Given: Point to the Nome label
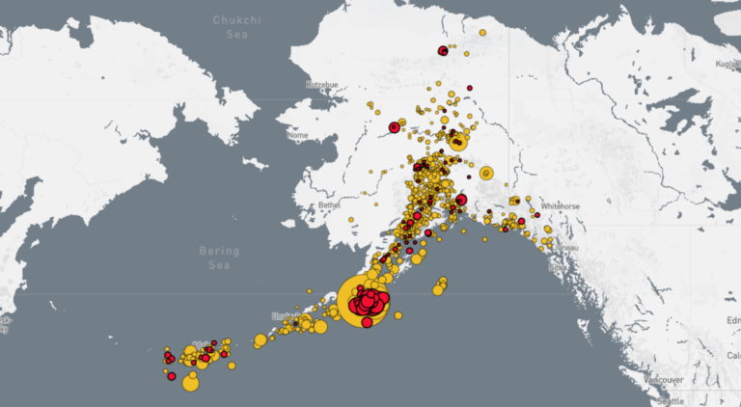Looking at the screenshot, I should click(x=298, y=135).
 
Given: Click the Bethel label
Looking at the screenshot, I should click(x=329, y=205).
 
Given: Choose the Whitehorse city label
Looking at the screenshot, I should click(x=560, y=205).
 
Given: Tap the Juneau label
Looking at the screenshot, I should click(x=565, y=248).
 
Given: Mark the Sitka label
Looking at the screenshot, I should click(x=558, y=266).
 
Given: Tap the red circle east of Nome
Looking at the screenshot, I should click(x=395, y=127).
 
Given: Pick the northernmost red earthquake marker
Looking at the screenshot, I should click(x=443, y=51).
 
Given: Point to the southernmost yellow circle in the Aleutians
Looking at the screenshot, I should click(x=190, y=384).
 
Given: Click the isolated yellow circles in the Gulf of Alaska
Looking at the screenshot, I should click(x=440, y=286).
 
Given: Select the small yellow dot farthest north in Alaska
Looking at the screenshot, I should click(x=482, y=32).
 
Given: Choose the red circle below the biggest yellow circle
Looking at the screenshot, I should click(x=368, y=322).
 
